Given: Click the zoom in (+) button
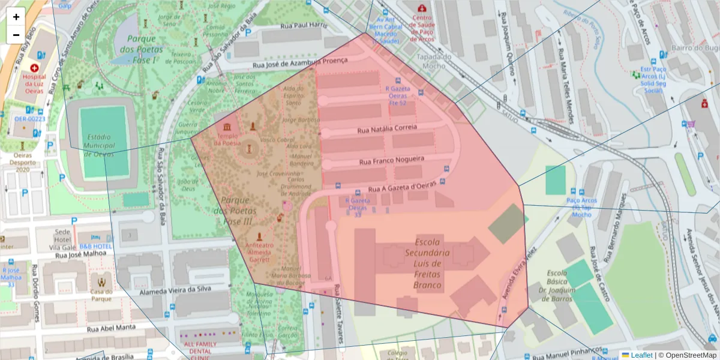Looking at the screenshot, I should (x=16, y=17).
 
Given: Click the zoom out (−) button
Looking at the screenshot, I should (x=16, y=35).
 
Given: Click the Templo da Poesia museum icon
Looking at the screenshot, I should (x=227, y=127).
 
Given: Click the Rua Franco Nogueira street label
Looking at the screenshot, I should (x=392, y=161).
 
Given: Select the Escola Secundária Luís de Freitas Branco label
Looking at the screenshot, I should (x=427, y=263).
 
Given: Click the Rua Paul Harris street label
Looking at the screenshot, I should (x=305, y=26).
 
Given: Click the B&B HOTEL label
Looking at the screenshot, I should (x=96, y=246).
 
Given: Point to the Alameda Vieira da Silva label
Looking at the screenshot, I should (x=175, y=289).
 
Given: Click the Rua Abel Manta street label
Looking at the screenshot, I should (x=111, y=328).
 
